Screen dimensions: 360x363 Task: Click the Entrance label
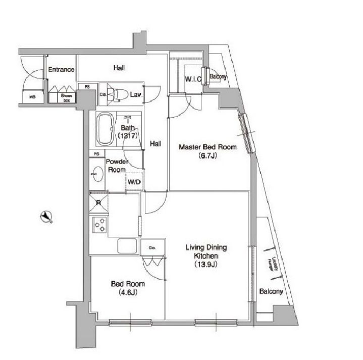(x=62, y=70)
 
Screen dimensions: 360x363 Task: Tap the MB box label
(x=32, y=96)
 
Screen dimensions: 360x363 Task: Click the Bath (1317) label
(x=126, y=132)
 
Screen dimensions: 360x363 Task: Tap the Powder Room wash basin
(x=97, y=175)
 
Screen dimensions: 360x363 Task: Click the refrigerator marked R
(x=98, y=203)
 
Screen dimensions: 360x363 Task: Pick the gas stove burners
(x=98, y=225)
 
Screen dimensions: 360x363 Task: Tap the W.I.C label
(x=194, y=79)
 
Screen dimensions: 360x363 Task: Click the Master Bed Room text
(x=208, y=147)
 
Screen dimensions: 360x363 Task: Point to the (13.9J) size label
(x=206, y=264)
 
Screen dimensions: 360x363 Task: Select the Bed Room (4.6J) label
(x=124, y=287)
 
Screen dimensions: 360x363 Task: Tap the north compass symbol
(x=47, y=217)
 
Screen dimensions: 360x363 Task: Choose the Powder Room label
(x=117, y=166)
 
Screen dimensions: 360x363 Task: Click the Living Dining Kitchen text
(x=206, y=251)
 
